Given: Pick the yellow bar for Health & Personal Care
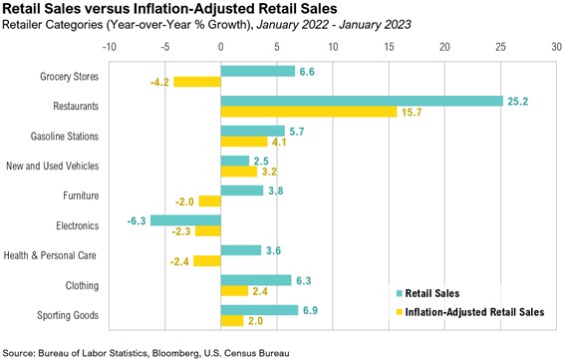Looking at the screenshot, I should [x=206, y=261].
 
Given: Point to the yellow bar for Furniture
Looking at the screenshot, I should [x=209, y=201].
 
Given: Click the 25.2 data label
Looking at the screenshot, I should [x=517, y=101].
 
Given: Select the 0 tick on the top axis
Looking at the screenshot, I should [x=220, y=47].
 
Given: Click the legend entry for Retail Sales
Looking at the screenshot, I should [x=430, y=293].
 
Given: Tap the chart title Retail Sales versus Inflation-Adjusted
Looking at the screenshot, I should [x=140, y=8].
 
